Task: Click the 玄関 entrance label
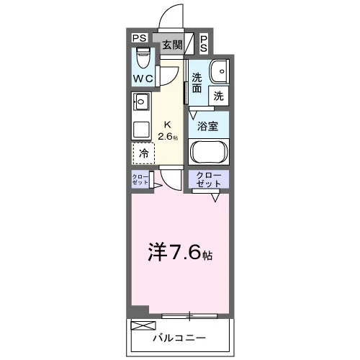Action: click(173, 45)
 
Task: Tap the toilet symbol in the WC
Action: click(143, 58)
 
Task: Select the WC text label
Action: click(143, 78)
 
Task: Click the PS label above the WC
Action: click(140, 38)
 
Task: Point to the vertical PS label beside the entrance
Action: click(204, 44)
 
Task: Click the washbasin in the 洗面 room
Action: click(220, 71)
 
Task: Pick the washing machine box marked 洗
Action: click(219, 96)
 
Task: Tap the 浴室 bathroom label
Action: click(208, 126)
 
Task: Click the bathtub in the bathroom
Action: click(209, 151)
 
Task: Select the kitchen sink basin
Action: click(141, 102)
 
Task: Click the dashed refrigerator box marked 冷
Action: click(143, 153)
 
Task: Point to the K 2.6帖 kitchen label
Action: click(168, 131)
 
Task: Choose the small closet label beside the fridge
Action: click(140, 179)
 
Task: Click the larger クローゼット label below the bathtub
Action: click(208, 179)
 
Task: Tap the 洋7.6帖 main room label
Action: click(180, 253)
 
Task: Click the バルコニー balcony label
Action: click(179, 338)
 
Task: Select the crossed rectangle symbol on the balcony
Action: click(143, 325)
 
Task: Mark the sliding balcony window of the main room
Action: click(189, 316)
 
